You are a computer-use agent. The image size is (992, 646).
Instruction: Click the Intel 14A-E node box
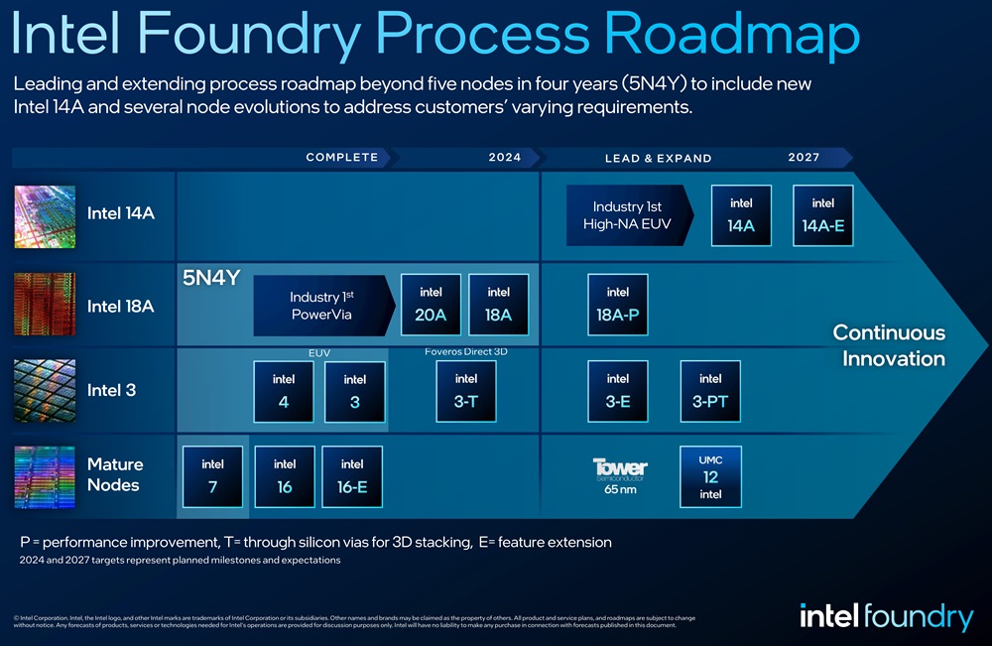click(823, 215)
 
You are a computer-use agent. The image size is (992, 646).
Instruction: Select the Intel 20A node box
click(431, 305)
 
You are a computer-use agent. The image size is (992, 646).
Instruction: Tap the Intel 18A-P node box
click(617, 305)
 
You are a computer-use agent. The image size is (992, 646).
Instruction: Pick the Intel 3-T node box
click(466, 391)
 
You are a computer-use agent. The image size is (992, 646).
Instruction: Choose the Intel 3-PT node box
click(710, 391)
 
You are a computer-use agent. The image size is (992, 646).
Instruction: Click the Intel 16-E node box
click(352, 476)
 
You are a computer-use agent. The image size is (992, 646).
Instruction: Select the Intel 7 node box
click(212, 476)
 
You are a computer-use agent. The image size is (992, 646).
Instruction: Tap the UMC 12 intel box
click(710, 476)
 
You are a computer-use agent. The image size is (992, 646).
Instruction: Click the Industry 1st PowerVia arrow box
click(320, 306)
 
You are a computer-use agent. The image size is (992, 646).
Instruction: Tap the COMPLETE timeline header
click(342, 158)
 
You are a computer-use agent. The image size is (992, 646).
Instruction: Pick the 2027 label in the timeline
click(804, 158)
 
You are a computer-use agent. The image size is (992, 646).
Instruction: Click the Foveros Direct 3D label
click(466, 351)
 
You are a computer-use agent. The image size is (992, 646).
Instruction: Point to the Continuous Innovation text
click(889, 345)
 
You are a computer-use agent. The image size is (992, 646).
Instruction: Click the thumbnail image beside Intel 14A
click(45, 215)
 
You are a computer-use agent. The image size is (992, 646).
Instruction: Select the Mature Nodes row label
click(115, 474)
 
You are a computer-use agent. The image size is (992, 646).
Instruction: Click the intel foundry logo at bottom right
click(886, 616)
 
